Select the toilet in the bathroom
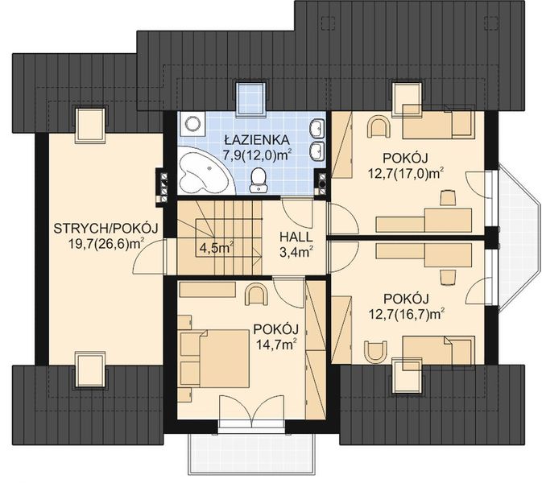(259, 180)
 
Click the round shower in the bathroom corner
(192, 124)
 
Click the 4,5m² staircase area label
(216, 246)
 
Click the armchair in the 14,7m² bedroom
(256, 294)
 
